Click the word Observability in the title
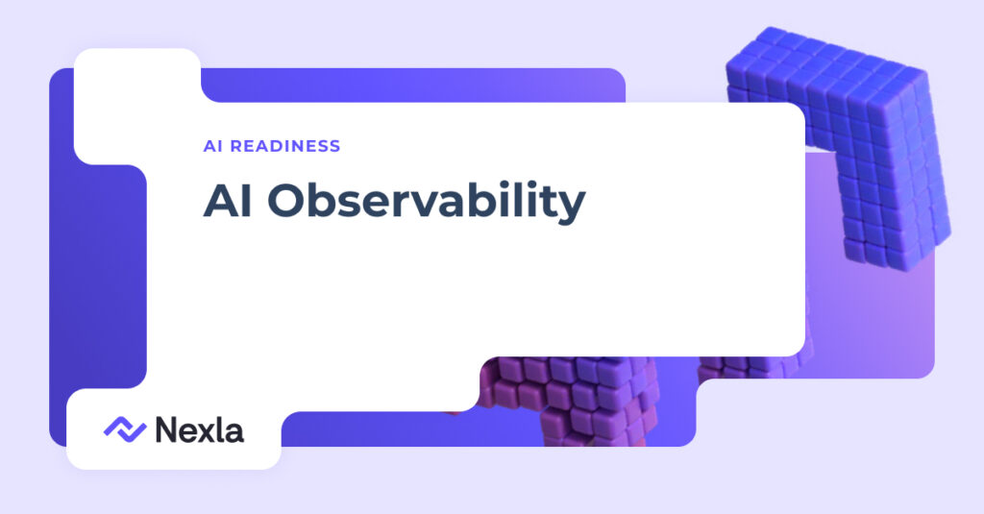tap(427, 202)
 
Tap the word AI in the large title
tap(228, 200)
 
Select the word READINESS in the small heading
tap(285, 146)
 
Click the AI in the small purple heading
tap(212, 146)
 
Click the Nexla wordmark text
tap(200, 429)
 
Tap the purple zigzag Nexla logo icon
tap(125, 429)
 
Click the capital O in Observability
tap(287, 200)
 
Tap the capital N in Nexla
tap(167, 429)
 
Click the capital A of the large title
tap(221, 200)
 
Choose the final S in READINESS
tap(333, 146)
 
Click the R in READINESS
tap(236, 146)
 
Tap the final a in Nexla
tap(234, 433)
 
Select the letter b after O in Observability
tap(327, 200)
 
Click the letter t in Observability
tap(545, 201)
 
